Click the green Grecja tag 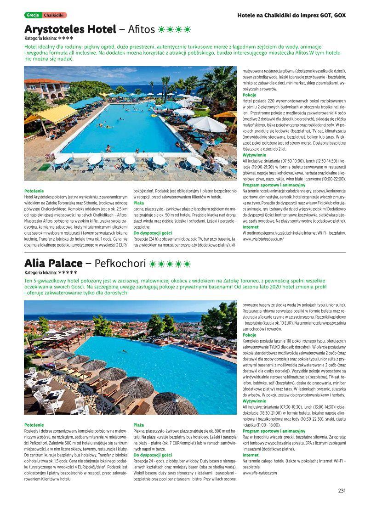pos(33,15)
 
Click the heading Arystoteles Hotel pos(70,30)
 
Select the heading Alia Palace pos(53,264)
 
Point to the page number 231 pos(342,490)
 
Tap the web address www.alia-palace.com pos(260,473)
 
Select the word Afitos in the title pos(141,30)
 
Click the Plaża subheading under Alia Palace pos(138,425)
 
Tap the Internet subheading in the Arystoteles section pos(251,227)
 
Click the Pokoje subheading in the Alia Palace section pos(250,335)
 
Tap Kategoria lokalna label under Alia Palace pos(40,272)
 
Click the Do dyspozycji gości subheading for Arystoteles pos(153,233)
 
